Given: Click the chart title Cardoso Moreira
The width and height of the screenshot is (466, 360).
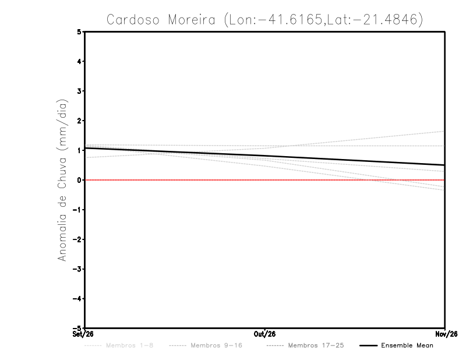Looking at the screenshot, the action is pyautogui.click(x=161, y=20).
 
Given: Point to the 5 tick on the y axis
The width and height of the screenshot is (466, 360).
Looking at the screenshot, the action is pyautogui.click(x=79, y=31).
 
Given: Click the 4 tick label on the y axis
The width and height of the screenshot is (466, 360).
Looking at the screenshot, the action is pyautogui.click(x=79, y=61).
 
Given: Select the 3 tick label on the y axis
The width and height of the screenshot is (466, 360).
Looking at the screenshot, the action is pyautogui.click(x=79, y=91).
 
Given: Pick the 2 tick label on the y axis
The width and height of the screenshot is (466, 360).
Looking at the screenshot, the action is pyautogui.click(x=79, y=121).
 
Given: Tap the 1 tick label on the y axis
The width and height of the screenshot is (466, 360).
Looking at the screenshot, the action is pyautogui.click(x=79, y=150).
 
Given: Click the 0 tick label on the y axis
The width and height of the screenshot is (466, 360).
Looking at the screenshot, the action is pyautogui.click(x=79, y=180).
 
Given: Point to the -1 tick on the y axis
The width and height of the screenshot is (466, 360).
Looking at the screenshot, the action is pyautogui.click(x=77, y=210).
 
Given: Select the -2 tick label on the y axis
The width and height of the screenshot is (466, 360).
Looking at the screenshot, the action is pyautogui.click(x=77, y=239).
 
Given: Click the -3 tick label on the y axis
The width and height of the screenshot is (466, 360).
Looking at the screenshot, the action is pyautogui.click(x=77, y=269).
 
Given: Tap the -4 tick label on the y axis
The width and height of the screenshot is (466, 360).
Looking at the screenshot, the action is pyautogui.click(x=77, y=299).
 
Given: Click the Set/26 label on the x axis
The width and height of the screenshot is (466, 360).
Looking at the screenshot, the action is pyautogui.click(x=83, y=334).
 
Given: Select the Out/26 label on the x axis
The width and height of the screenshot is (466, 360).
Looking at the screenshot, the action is pyautogui.click(x=264, y=334).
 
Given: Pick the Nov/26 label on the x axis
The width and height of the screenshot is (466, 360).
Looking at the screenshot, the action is pyautogui.click(x=446, y=334).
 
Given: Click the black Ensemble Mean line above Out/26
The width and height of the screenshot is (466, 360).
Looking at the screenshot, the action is pyautogui.click(x=264, y=156).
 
